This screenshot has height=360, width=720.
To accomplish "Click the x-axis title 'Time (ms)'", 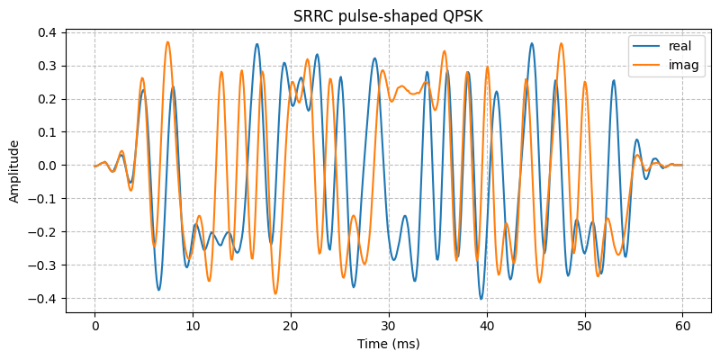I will (389, 343).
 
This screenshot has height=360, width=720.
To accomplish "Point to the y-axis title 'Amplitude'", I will (14, 171).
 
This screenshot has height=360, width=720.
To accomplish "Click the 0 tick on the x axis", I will (94, 325).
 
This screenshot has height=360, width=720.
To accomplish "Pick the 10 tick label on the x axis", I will (193, 325).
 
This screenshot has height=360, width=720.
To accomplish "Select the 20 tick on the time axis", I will (291, 325).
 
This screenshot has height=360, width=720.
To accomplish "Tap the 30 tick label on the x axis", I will (389, 325).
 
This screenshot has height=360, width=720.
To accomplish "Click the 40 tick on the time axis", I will (487, 325).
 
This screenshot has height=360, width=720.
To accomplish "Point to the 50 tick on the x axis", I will (585, 325).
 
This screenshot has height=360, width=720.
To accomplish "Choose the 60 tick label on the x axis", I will (683, 325).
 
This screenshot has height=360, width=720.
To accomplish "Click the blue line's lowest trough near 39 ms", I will (481, 299).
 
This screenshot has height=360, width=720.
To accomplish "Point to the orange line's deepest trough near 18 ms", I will (275, 293).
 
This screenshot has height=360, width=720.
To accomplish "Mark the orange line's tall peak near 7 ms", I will (167, 41).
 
